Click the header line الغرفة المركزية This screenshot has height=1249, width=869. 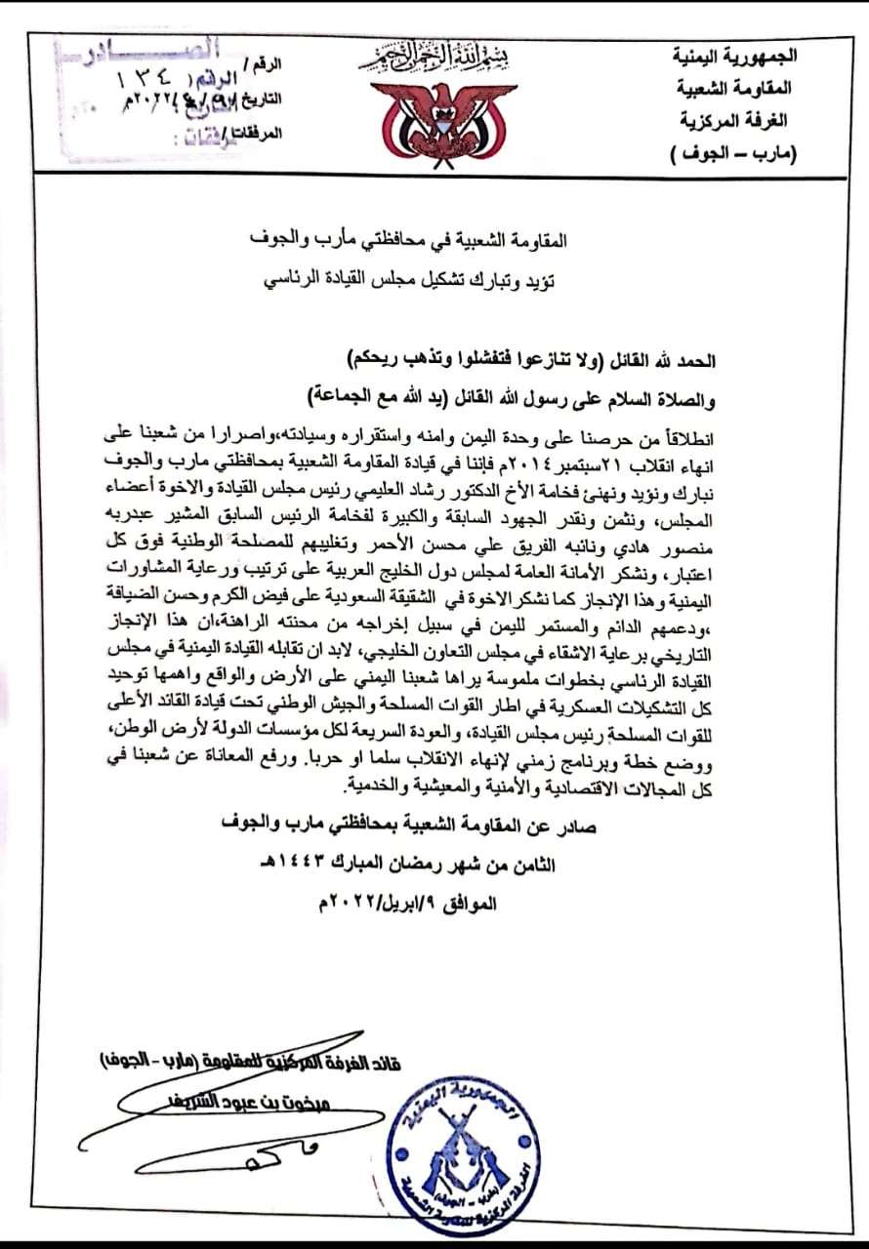click(744, 121)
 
